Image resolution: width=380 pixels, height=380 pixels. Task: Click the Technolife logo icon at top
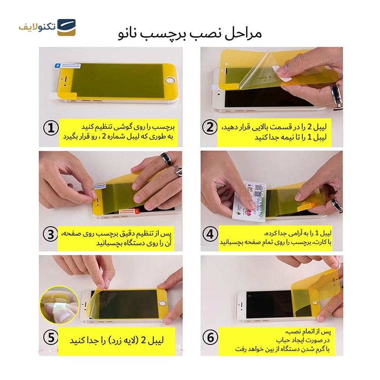(66, 28)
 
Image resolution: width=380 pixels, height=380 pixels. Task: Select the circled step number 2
(209, 128)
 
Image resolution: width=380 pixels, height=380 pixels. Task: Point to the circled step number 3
(51, 234)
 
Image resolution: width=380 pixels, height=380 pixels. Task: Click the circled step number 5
(51, 338)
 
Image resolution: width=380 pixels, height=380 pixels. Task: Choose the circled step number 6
(209, 338)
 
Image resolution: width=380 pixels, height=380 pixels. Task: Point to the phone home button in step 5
(163, 302)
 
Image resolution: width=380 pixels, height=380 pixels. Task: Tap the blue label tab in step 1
(57, 66)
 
